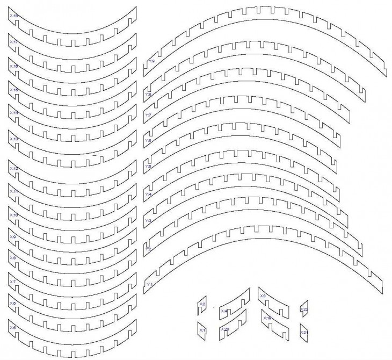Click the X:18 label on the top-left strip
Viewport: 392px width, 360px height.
click(14, 17)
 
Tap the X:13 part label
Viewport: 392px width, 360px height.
click(14, 139)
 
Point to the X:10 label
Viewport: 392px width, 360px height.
click(14, 214)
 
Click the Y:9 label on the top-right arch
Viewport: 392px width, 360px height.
click(151, 62)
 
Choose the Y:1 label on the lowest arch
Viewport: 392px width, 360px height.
click(150, 284)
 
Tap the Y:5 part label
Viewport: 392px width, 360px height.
click(148, 167)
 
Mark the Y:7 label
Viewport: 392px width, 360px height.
click(148, 115)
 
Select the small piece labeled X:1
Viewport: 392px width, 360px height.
click(202, 329)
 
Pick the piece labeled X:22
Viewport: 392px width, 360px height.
click(304, 309)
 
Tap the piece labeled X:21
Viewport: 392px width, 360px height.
click(304, 333)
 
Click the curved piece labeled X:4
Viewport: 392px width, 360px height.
click(224, 311)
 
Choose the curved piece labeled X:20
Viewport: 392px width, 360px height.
click(225, 329)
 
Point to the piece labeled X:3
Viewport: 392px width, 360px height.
click(263, 296)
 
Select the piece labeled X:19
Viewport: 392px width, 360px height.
click(267, 318)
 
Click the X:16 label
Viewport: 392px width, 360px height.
click(14, 66)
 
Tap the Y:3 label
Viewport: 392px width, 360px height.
click(148, 220)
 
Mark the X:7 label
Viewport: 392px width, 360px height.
click(13, 282)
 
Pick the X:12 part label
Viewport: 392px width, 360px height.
click(14, 169)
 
